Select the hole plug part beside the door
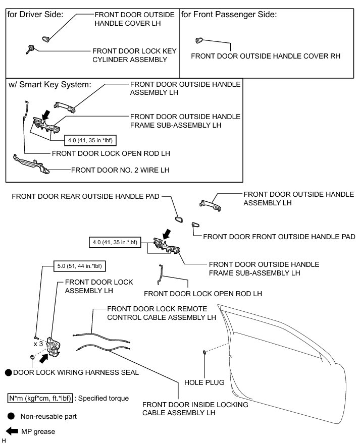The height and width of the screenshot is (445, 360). (203, 352)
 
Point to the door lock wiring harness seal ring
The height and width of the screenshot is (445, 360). (32, 358)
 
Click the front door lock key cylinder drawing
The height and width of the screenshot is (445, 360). (30, 49)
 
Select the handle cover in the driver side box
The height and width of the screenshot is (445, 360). (45, 38)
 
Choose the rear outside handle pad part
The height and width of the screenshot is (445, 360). (179, 219)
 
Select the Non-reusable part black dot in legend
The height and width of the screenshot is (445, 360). (11, 417)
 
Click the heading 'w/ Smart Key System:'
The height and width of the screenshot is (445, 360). (49, 84)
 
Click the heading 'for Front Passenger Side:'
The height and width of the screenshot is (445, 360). (229, 15)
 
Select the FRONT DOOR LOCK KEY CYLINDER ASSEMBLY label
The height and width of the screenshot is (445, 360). (129, 55)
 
